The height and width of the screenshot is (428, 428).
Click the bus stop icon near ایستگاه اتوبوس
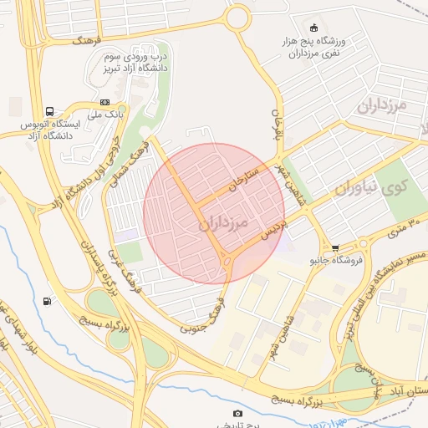click(50, 111)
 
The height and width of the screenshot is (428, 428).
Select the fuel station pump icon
click(46, 301)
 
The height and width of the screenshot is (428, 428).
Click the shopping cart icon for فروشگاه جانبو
click(335, 247)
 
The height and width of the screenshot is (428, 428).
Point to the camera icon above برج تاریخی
click(237, 413)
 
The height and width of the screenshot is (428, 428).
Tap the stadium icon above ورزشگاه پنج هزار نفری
click(313, 27)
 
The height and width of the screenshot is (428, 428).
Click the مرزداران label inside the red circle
click(225, 224)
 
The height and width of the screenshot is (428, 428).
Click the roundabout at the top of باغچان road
click(237, 16)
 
